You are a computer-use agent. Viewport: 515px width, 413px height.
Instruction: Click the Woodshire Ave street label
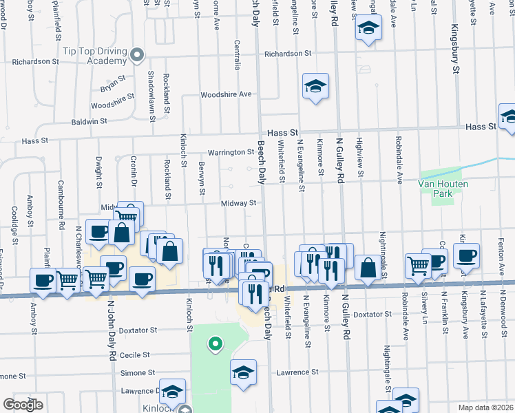pos(226,94)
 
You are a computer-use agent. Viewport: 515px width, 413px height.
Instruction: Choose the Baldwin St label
pos(89,121)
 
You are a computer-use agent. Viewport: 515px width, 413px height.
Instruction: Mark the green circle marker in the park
pos(216,342)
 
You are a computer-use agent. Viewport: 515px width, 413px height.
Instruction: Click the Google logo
pos(23,404)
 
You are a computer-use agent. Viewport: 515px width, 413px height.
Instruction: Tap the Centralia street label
pos(237,55)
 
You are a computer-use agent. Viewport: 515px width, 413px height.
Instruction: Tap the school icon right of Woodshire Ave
pos(315,87)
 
